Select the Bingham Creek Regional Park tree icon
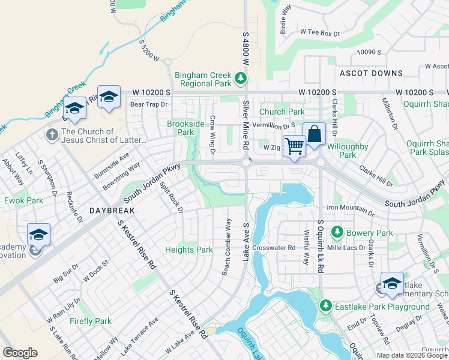(240, 77)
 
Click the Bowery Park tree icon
(337, 232)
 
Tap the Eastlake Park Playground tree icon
(326, 306)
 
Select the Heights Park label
(189, 250)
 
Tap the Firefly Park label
(90, 321)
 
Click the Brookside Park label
(181, 128)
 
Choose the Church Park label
(282, 112)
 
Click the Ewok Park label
(25, 200)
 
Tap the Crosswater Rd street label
(275, 247)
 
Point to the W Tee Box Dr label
(320, 32)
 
